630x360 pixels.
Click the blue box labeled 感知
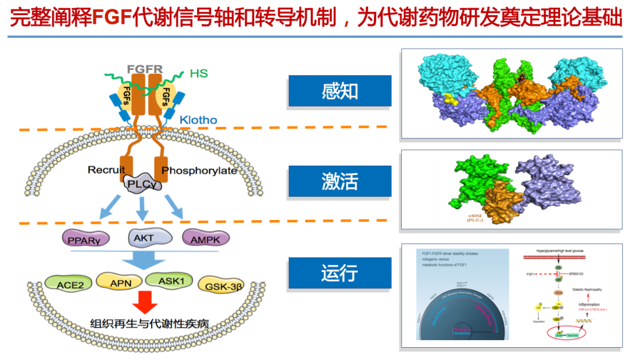[x=339, y=91]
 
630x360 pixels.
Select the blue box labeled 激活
[x=339, y=181]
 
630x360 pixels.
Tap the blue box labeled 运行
[x=339, y=272]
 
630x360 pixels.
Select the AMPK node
[x=206, y=237]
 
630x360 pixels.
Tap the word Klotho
[x=198, y=120]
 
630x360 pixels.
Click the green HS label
[x=198, y=74]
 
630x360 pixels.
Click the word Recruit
[x=106, y=170]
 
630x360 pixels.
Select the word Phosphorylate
[x=199, y=170]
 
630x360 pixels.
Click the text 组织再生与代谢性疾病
[x=149, y=324]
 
